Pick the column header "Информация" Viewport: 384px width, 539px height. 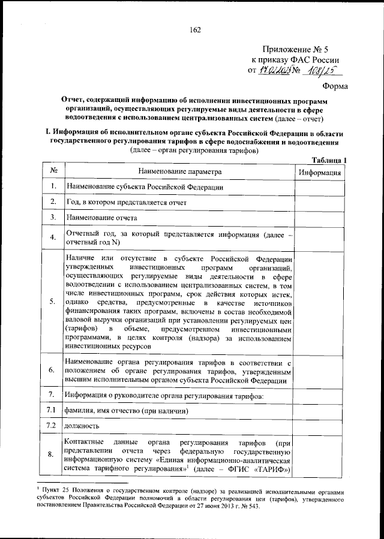320,172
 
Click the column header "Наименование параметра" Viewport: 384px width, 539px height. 179,171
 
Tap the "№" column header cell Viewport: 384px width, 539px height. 53,171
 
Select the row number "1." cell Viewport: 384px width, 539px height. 53,186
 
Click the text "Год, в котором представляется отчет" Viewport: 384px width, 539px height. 126,202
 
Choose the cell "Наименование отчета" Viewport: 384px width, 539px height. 101,217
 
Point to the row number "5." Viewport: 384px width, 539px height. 53,301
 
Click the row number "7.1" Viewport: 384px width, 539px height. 52,410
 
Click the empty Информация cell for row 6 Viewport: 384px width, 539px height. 320,371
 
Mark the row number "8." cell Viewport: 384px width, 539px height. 53,454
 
